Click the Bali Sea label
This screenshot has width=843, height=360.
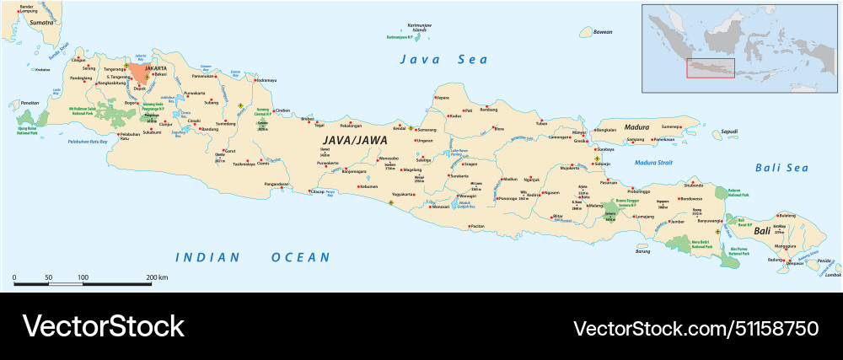click(x=781, y=168)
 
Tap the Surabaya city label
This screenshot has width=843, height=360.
click(x=610, y=148)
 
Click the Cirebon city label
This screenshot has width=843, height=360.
click(x=282, y=110)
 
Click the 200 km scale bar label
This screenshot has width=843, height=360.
click(x=157, y=277)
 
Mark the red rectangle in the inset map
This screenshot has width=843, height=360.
click(x=710, y=67)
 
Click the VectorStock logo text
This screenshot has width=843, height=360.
click(x=103, y=326)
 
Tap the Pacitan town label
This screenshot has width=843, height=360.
click(x=477, y=226)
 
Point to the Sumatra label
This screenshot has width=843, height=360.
click(x=42, y=23)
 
